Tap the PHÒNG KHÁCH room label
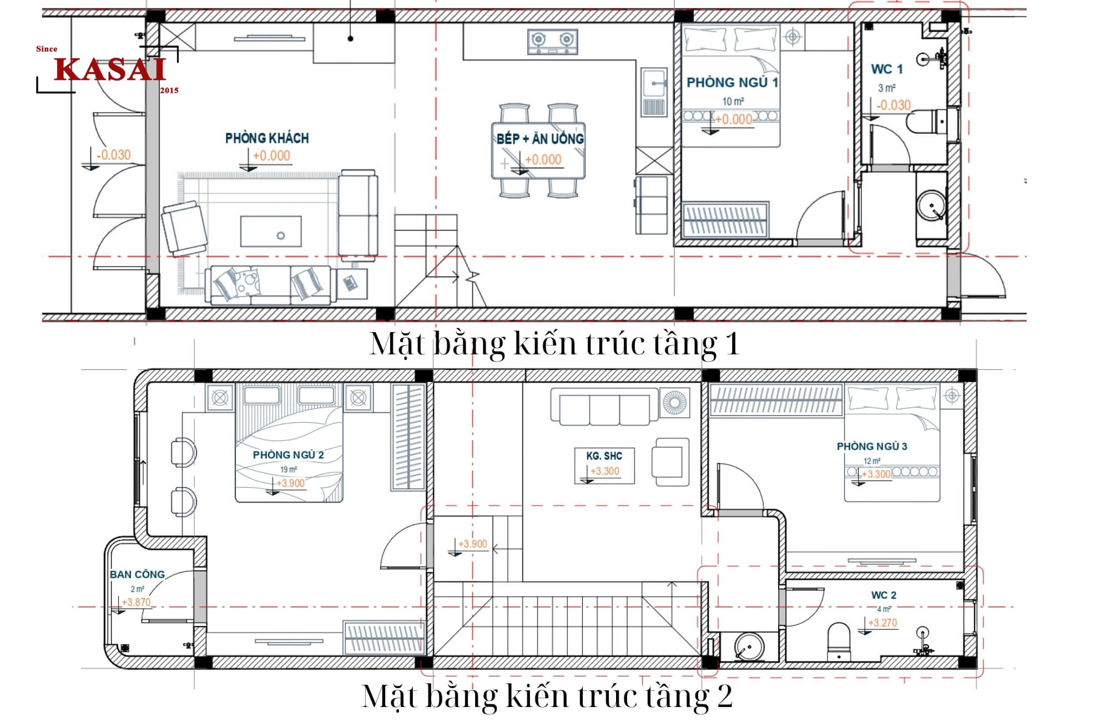267,138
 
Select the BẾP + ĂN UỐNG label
539,138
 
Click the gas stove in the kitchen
552,42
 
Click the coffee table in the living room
271,231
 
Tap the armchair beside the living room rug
184,228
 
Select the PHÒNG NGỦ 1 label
732,83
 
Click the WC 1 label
886,69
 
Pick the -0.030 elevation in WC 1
893,105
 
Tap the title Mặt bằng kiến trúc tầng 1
554,344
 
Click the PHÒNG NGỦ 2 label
288,455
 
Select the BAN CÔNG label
137,574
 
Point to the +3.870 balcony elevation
136,602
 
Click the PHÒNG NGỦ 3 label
871,447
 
